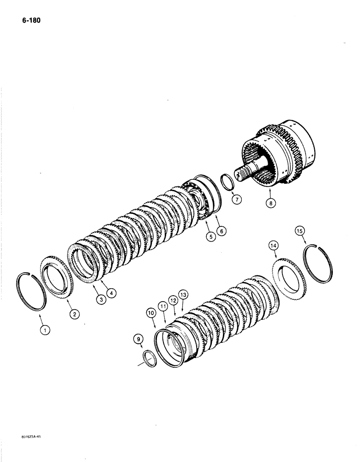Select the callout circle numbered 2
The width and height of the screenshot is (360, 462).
pyautogui.click(x=74, y=314)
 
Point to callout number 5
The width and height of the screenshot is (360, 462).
pyautogui.click(x=210, y=237)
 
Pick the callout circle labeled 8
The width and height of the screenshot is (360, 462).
pyautogui.click(x=270, y=202)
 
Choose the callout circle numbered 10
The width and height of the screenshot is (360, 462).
pyautogui.click(x=152, y=313)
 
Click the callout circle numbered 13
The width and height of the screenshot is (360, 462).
pyautogui.click(x=184, y=294)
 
